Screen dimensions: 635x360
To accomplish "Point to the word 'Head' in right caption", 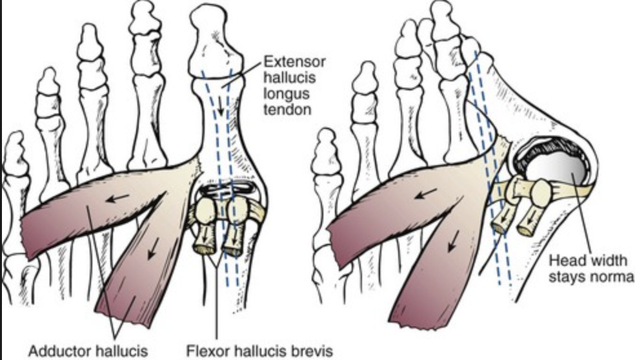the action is pos(562,261).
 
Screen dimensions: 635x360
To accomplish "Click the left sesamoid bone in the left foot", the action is pos(207,210).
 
